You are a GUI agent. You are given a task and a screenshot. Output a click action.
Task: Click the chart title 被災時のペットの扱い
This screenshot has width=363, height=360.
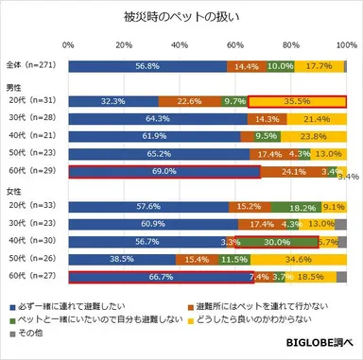click(x=181, y=16)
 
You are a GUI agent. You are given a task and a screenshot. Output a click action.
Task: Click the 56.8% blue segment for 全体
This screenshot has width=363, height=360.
click(x=147, y=66)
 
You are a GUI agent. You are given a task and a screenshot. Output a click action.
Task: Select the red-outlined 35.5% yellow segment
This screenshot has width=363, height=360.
click(x=297, y=102)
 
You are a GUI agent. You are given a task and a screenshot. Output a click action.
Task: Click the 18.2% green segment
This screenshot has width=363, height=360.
click(x=296, y=206)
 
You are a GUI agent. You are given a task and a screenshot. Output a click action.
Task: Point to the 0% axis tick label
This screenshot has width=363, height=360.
click(x=68, y=44)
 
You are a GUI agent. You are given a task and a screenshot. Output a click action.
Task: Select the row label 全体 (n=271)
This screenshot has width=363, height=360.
click(x=29, y=66)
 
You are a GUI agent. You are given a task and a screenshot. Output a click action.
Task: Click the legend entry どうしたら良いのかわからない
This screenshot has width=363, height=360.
click(x=251, y=319)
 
